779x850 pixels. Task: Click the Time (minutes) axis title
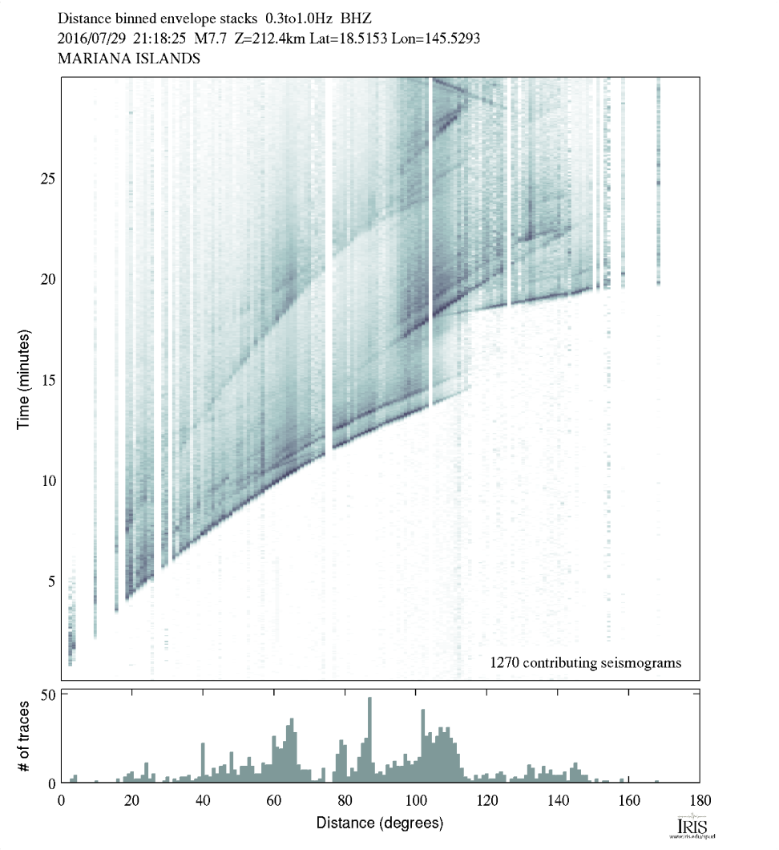pos(24,379)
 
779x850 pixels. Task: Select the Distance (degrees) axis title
pos(379,823)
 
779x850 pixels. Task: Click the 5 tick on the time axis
pos(51,581)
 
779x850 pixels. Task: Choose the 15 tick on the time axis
pos(47,379)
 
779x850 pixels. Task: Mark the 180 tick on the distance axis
pos(700,799)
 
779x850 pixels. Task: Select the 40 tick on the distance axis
pos(203,799)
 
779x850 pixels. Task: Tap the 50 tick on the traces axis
pos(47,694)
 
